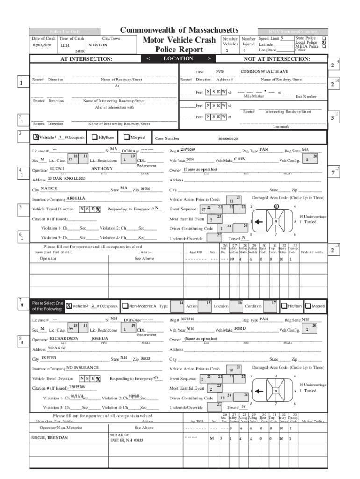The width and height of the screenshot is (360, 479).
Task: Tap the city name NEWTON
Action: click(x=98, y=45)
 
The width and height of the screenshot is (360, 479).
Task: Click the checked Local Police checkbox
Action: click(x=323, y=42)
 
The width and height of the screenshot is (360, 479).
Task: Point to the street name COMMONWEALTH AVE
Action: click(x=264, y=71)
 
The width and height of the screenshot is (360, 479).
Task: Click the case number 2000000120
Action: click(x=228, y=139)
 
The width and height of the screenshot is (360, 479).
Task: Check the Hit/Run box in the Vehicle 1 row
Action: click(x=95, y=138)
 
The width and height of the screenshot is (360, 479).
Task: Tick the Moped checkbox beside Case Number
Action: click(x=127, y=138)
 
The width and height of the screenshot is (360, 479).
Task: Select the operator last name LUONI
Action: click(x=57, y=168)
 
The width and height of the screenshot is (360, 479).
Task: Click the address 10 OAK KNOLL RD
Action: click(x=67, y=178)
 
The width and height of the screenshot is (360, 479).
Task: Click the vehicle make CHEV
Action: click(x=239, y=159)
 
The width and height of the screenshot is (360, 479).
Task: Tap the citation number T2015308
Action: click(x=77, y=387)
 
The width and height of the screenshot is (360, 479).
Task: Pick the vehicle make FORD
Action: click(x=240, y=329)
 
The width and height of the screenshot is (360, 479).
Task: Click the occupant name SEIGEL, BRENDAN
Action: click(x=50, y=437)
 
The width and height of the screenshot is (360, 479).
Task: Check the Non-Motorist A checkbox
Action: click(x=125, y=306)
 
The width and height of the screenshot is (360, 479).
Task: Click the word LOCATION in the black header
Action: click(x=178, y=59)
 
